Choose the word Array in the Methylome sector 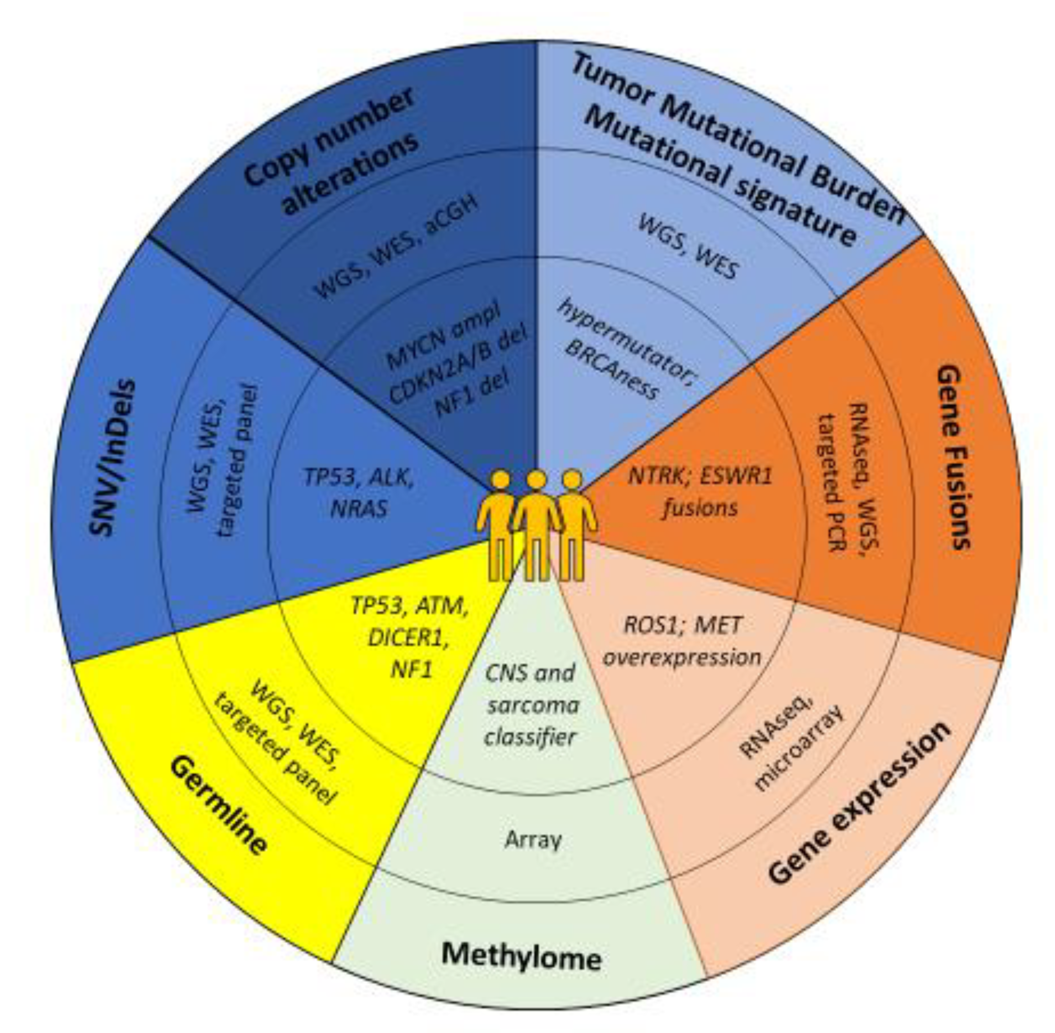(x=533, y=840)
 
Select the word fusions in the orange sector (x=700, y=508)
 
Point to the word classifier (x=530, y=737)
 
